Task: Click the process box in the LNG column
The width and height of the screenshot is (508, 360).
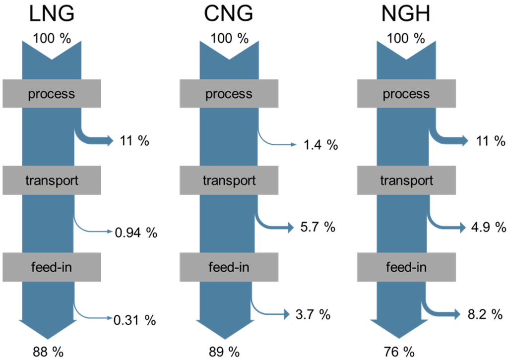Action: click(52, 94)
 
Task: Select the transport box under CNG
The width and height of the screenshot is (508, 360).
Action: click(229, 180)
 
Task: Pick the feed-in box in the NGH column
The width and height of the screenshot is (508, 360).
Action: click(406, 267)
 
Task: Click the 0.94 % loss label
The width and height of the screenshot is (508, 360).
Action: click(136, 232)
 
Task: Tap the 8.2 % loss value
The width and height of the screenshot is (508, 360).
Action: click(489, 314)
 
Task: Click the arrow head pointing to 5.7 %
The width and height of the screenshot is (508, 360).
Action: click(291, 228)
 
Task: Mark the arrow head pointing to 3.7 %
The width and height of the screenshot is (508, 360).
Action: click(285, 314)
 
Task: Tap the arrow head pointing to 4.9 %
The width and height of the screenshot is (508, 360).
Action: click(464, 228)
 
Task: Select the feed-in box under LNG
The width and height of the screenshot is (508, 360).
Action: click(52, 267)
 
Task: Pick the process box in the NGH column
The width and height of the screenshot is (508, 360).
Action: click(406, 94)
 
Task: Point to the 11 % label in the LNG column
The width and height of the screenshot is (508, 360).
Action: click(134, 141)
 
